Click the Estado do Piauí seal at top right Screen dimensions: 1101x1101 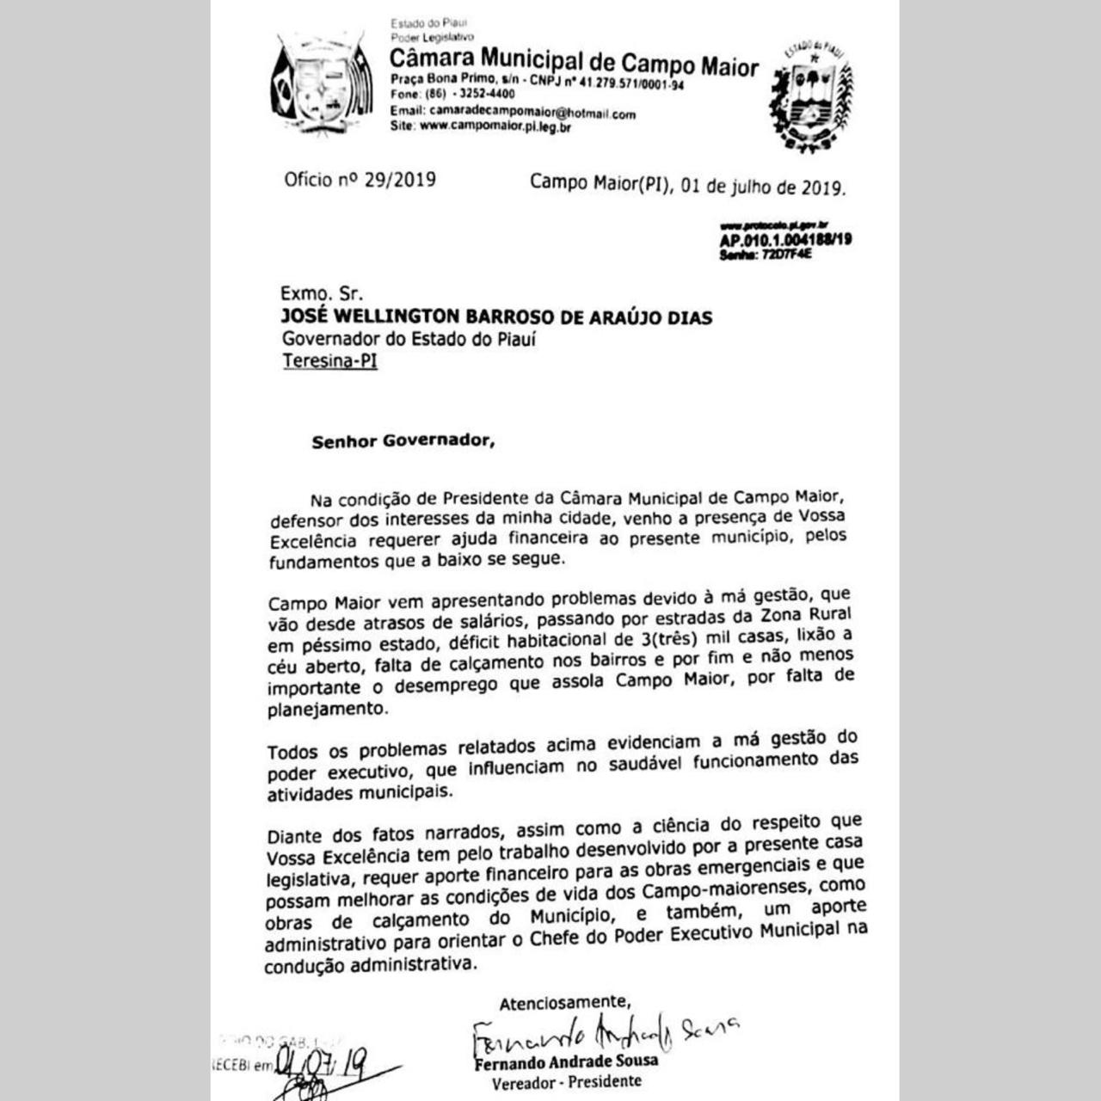pyautogui.click(x=809, y=96)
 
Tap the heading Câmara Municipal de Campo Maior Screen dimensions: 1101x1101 pyautogui.click(x=574, y=62)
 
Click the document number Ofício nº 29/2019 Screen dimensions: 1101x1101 pyautogui.click(x=360, y=180)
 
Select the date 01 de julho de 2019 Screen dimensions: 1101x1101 pyautogui.click(x=762, y=186)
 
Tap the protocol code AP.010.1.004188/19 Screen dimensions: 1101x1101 pyautogui.click(x=785, y=239)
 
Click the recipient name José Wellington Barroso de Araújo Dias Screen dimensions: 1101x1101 pyautogui.click(x=497, y=317)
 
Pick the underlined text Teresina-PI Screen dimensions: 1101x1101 pyautogui.click(x=329, y=361)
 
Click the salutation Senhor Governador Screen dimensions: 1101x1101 pyautogui.click(x=403, y=442)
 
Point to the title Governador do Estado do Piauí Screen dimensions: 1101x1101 pyautogui.click(x=409, y=339)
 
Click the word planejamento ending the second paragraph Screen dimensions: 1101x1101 pyautogui.click(x=327, y=710)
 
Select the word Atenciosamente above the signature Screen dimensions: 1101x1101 pyautogui.click(x=565, y=1002)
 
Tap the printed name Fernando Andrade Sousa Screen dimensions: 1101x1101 pyautogui.click(x=566, y=1061)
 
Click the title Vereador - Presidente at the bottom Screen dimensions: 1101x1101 pyautogui.click(x=566, y=1081)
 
